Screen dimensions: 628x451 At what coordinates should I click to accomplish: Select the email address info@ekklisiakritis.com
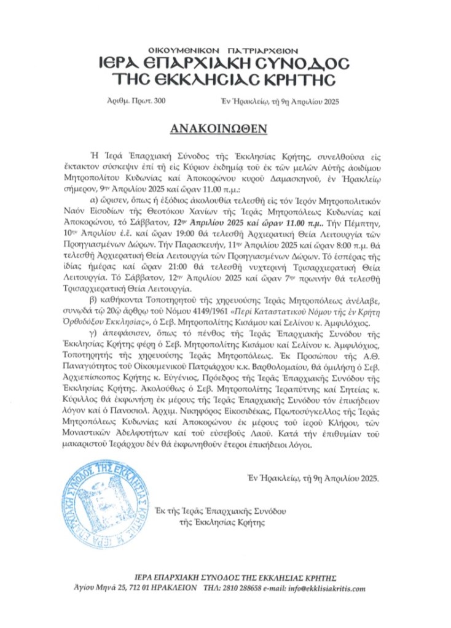(x=331, y=588)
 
